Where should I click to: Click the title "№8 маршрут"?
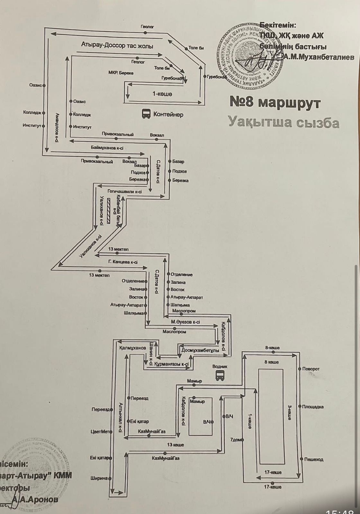tap(275, 102)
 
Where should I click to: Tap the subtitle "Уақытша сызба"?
tap(284, 122)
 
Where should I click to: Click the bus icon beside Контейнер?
tap(146, 114)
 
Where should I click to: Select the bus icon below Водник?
tap(220, 375)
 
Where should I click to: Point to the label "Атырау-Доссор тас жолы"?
tap(117, 46)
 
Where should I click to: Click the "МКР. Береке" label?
tap(121, 73)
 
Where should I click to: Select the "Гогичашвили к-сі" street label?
tap(124, 191)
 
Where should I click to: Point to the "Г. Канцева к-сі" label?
tap(123, 262)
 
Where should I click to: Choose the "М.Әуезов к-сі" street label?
tap(185, 322)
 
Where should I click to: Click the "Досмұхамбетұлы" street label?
tap(200, 350)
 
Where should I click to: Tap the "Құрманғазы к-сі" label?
tap(171, 364)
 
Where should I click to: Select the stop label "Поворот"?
tap(311, 369)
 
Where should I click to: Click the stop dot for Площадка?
tap(300, 407)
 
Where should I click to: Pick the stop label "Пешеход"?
tap(314, 460)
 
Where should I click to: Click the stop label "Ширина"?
tap(99, 478)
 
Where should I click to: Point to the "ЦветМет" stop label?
tap(100, 432)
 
